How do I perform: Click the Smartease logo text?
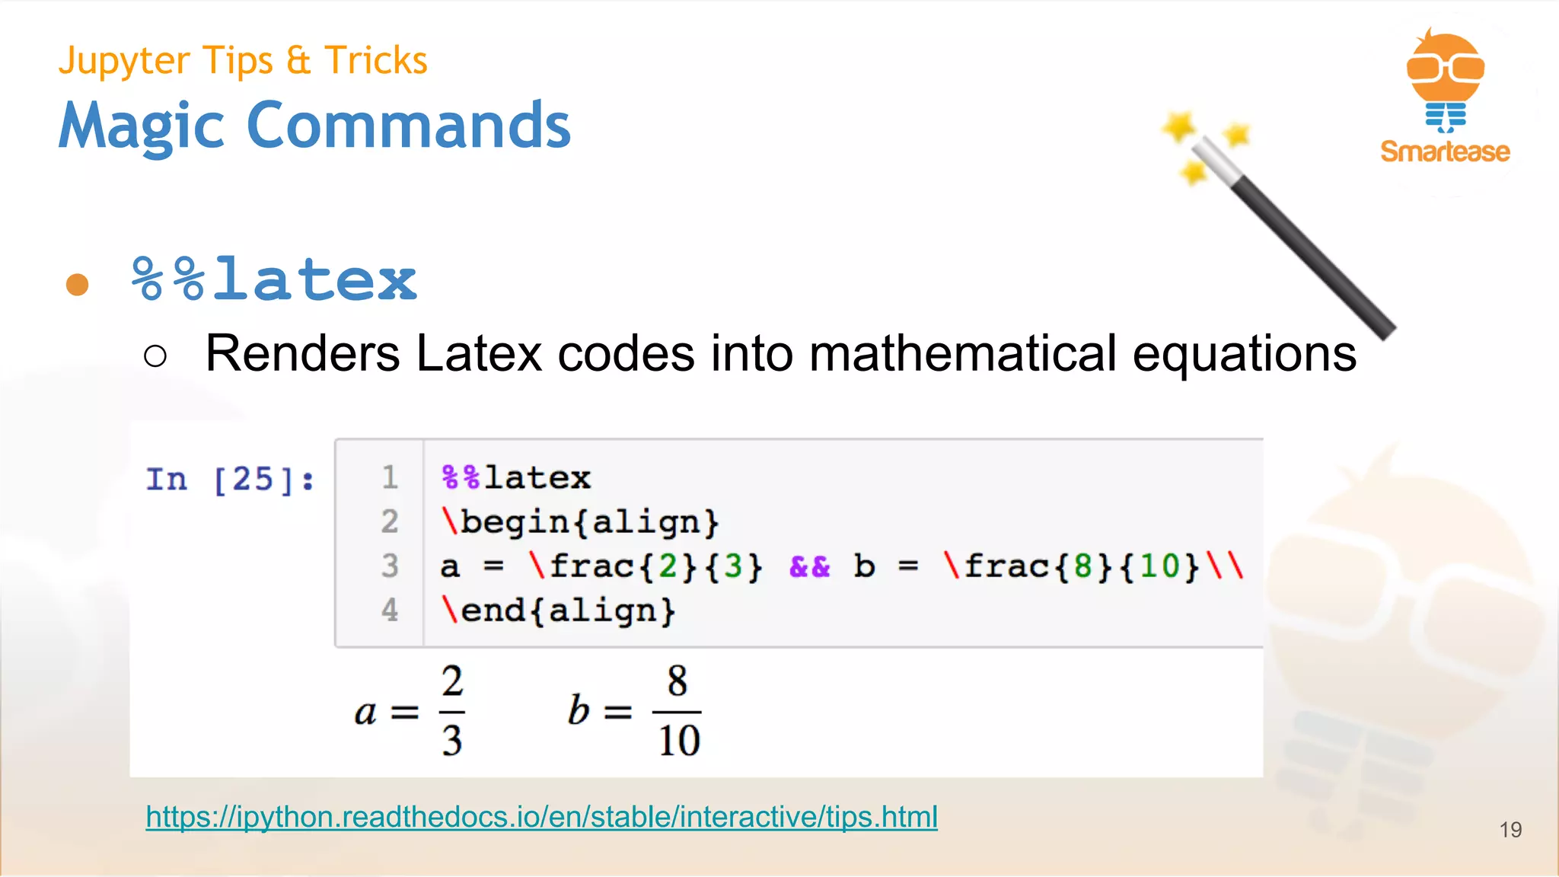[1445, 151]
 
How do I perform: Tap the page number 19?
[1510, 829]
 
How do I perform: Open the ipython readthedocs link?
[541, 817]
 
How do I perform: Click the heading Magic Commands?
[314, 126]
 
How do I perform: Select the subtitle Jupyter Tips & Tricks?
[243, 60]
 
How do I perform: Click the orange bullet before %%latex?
[77, 285]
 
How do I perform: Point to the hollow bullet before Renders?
[155, 356]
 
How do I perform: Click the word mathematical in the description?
[962, 353]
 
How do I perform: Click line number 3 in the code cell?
[390, 566]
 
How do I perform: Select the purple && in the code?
[809, 566]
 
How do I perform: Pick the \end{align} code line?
[558, 611]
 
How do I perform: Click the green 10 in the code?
[1159, 566]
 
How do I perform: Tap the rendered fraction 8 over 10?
[677, 712]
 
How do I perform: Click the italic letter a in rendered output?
[365, 713]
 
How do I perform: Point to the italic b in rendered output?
[579, 710]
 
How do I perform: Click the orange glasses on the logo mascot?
[1445, 68]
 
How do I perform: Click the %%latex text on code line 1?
[515, 478]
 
